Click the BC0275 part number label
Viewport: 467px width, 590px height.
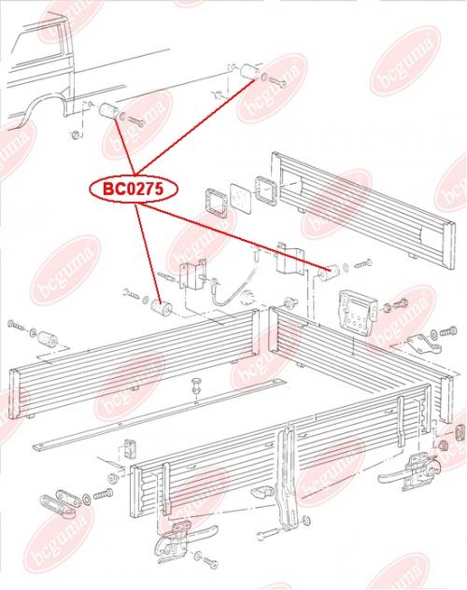tap(134, 189)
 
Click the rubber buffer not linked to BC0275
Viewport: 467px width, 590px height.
tap(48, 339)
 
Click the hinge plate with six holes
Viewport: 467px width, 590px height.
tap(357, 310)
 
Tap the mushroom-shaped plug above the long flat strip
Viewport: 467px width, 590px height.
tap(196, 386)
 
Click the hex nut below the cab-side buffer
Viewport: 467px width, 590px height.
tap(76, 134)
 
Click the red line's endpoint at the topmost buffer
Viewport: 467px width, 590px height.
tap(259, 80)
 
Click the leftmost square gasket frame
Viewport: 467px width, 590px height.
tap(216, 204)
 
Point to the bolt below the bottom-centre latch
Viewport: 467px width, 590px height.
tap(206, 560)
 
